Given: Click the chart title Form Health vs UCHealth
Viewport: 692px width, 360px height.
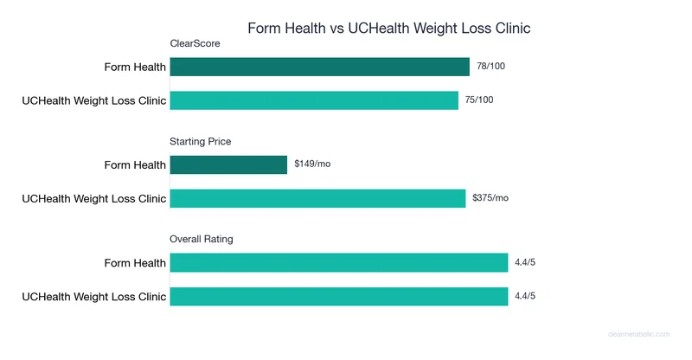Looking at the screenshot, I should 388,28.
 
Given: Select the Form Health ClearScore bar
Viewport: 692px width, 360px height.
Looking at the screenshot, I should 320,67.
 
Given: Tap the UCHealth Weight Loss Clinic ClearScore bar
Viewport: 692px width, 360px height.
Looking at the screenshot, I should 314,100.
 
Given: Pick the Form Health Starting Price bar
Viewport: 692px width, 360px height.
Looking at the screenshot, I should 228,164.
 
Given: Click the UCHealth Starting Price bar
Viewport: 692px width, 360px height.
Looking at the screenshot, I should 317,198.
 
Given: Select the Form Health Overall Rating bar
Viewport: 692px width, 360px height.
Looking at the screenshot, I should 338,262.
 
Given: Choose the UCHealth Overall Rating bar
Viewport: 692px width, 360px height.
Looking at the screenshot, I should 338,296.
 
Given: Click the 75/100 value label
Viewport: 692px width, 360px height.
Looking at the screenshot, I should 479,100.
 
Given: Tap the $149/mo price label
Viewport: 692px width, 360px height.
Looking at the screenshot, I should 312,164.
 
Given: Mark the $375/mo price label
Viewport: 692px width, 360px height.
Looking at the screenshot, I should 490,198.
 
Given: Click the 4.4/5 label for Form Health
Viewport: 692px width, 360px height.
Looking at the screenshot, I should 524,262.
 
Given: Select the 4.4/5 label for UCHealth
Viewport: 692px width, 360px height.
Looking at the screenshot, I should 524,296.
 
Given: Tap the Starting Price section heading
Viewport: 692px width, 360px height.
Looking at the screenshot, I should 201,141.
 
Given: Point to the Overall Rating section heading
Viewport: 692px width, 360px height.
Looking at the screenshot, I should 202,239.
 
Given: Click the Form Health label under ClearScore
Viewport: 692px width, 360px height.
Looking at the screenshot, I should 134,67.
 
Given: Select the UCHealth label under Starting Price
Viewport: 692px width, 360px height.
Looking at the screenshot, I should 93,198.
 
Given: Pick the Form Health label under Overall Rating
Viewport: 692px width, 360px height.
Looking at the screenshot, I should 134,262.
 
